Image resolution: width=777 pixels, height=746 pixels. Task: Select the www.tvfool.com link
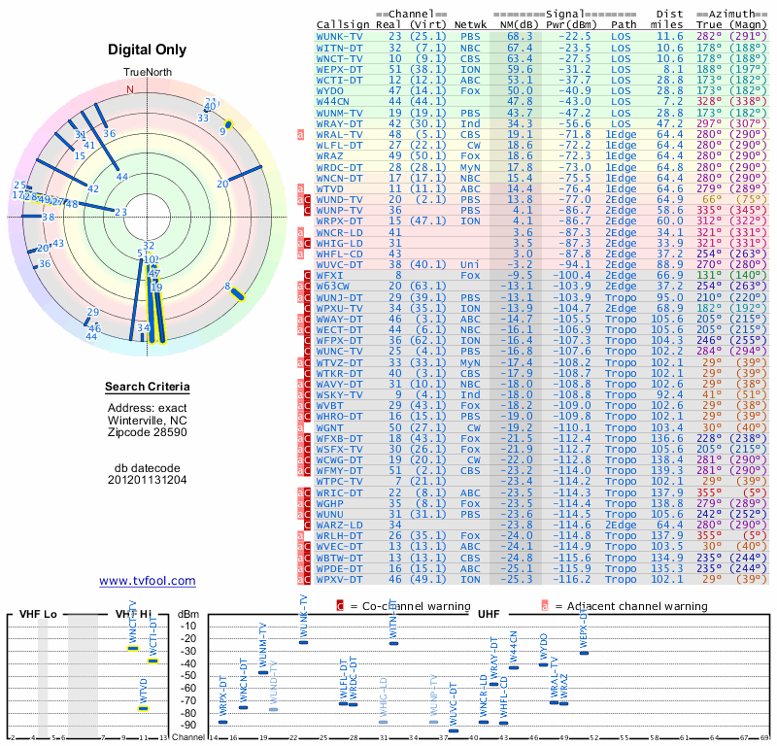tap(147, 581)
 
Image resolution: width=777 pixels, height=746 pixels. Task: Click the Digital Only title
tap(147, 50)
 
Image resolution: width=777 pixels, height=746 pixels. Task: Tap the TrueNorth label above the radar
tap(147, 74)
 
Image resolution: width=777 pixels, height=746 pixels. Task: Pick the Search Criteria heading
tap(147, 388)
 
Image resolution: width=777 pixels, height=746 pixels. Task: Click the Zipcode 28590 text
tap(147, 431)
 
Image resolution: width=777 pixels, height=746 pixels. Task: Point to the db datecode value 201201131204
tap(147, 480)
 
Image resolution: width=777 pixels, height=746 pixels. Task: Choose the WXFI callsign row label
tap(333, 275)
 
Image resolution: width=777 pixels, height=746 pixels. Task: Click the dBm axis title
tap(186, 614)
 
